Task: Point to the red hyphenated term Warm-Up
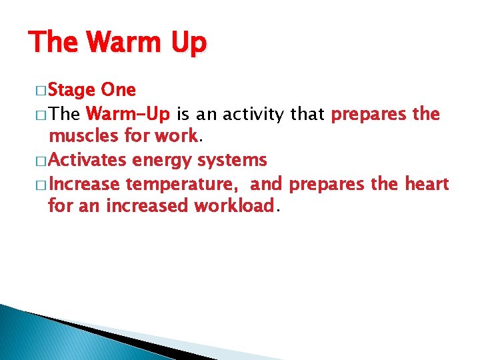128,114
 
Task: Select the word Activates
88,160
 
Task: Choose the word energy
161,161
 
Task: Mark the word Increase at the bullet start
85,183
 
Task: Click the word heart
427,183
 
